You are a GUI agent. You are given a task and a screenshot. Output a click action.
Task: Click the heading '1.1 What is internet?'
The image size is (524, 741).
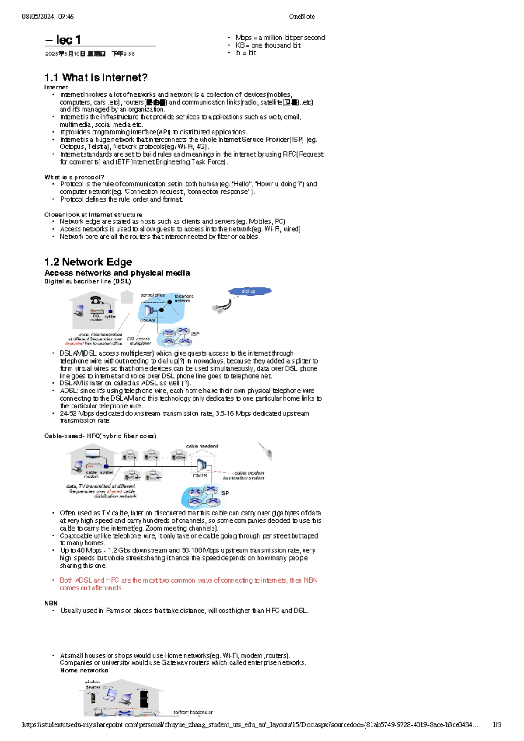click(x=96, y=78)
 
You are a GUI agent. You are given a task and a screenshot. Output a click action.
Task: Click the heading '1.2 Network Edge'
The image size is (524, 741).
click(x=88, y=262)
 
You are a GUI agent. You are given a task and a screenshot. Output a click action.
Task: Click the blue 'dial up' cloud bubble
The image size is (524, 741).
click(x=249, y=291)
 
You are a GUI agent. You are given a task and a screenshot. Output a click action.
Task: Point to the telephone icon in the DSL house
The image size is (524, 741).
click(x=96, y=300)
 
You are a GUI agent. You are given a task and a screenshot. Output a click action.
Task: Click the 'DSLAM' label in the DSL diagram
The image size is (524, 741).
click(x=148, y=320)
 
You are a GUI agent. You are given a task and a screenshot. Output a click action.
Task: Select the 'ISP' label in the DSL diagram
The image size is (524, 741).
click(x=195, y=334)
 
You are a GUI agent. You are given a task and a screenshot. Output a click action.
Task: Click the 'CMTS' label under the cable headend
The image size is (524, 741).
click(x=200, y=476)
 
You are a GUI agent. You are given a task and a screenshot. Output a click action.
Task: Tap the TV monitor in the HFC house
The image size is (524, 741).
click(x=93, y=454)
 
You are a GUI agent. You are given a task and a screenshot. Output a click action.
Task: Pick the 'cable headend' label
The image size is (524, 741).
click(x=202, y=446)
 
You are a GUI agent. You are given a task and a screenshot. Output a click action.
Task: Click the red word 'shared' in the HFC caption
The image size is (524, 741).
click(x=114, y=491)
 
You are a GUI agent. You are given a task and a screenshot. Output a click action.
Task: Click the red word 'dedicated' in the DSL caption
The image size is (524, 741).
click(x=74, y=343)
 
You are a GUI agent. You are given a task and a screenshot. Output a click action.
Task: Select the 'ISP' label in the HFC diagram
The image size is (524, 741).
click(x=224, y=493)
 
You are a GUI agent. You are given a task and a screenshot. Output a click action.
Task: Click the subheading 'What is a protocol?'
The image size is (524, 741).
click(x=74, y=177)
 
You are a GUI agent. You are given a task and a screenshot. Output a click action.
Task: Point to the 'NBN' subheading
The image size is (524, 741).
click(x=51, y=603)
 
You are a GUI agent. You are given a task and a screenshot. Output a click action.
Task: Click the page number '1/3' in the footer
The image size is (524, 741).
click(x=497, y=724)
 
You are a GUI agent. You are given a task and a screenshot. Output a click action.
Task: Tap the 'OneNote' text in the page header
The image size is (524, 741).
click(x=301, y=17)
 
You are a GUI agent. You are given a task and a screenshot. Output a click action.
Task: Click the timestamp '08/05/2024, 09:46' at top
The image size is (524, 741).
click(x=48, y=17)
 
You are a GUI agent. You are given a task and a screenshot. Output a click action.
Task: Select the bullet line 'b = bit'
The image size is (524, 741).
click(x=246, y=53)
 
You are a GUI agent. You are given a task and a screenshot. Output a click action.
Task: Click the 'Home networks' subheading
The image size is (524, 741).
click(x=84, y=670)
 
